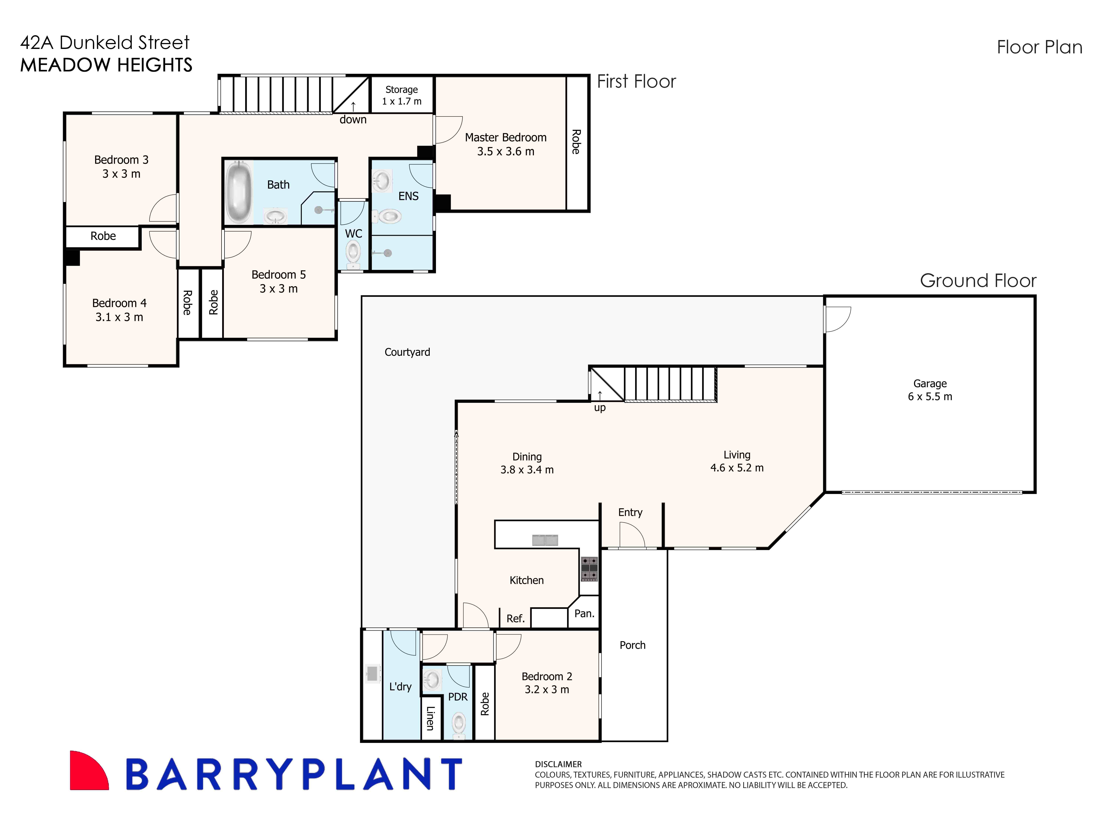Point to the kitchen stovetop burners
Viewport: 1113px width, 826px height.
pos(589,569)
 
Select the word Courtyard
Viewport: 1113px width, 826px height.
pos(407,352)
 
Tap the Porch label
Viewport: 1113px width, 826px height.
pos(632,645)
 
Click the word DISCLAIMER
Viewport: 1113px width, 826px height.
pos(558,764)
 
